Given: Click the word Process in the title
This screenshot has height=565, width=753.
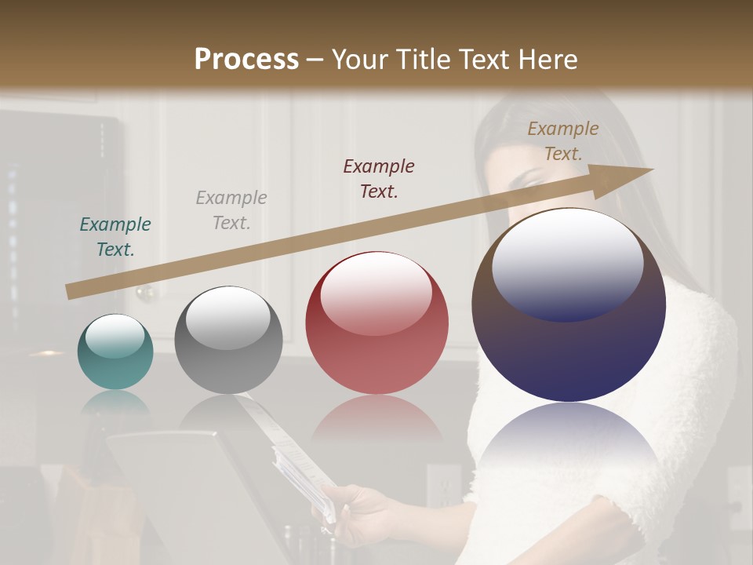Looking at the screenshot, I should (x=246, y=60).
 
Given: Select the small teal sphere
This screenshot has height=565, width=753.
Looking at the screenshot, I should (x=115, y=352).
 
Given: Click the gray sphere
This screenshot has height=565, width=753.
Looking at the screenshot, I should (x=228, y=340).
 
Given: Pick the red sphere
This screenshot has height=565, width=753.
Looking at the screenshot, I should (x=376, y=323).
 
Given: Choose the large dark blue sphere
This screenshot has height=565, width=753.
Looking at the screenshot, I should (x=569, y=306).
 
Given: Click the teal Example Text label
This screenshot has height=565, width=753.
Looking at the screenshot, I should (x=115, y=237).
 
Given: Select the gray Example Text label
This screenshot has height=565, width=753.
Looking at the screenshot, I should (x=231, y=210).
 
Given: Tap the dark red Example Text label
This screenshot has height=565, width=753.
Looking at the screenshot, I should (x=379, y=179).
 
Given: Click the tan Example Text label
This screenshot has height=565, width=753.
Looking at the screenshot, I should (x=562, y=141).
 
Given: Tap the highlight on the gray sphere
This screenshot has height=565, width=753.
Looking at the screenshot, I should (x=228, y=318).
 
